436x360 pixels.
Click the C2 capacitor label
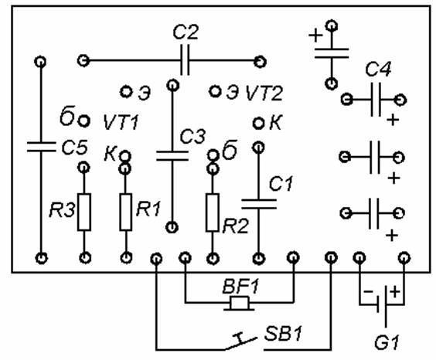point(186,32)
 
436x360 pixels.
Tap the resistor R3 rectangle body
point(84,212)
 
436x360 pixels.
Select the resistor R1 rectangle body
point(126,212)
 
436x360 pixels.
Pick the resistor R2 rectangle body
point(212,212)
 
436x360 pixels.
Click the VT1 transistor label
point(121,122)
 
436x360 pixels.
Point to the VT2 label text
point(264,93)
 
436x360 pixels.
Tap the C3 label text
point(192,136)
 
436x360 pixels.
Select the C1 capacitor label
point(281,184)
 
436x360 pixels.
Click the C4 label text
point(378,69)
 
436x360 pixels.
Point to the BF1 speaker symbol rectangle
point(240,303)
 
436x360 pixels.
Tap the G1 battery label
point(387,342)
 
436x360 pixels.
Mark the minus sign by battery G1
point(369,291)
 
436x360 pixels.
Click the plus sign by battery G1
point(395,291)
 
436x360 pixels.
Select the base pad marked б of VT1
point(83,121)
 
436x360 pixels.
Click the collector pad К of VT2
point(259,123)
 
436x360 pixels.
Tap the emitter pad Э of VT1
point(126,91)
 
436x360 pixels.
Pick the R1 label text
point(148,209)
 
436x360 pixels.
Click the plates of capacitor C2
point(185,59)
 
